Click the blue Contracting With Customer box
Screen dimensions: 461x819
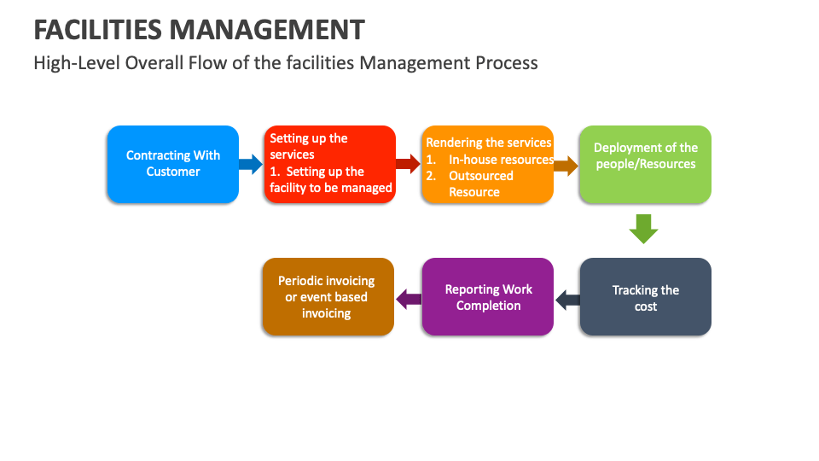(172, 164)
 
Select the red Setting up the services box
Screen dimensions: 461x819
(329, 164)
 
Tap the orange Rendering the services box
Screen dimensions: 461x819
(487, 164)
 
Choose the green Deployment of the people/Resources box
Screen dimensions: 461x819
(645, 164)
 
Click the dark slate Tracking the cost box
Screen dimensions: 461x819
(645, 297)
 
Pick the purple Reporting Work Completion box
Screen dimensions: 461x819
(487, 297)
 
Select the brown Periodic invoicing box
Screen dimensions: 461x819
(328, 297)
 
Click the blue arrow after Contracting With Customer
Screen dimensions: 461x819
(251, 164)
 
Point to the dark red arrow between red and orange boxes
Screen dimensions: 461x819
(409, 164)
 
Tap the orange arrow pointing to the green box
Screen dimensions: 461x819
(566, 165)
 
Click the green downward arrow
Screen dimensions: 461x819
(644, 229)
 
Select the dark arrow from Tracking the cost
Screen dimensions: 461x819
(567, 299)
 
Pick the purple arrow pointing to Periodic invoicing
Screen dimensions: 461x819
(409, 298)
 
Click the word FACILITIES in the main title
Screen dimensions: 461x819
(97, 30)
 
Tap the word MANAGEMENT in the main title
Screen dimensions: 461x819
(267, 30)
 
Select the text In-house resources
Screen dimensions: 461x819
(502, 160)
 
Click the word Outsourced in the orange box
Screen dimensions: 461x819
(481, 176)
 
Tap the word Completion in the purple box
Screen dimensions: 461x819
(488, 306)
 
